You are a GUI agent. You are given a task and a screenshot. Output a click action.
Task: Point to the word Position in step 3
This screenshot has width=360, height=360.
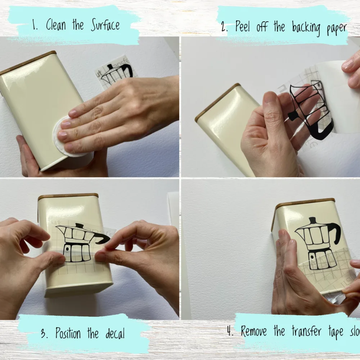69,333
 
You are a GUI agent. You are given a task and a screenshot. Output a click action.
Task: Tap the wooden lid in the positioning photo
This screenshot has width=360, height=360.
68,197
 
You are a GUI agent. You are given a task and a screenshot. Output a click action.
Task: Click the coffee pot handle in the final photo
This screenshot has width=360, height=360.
336,232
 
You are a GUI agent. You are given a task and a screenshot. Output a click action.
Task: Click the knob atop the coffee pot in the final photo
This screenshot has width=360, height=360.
312,220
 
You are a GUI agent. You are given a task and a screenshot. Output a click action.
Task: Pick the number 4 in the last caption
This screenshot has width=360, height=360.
230,330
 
